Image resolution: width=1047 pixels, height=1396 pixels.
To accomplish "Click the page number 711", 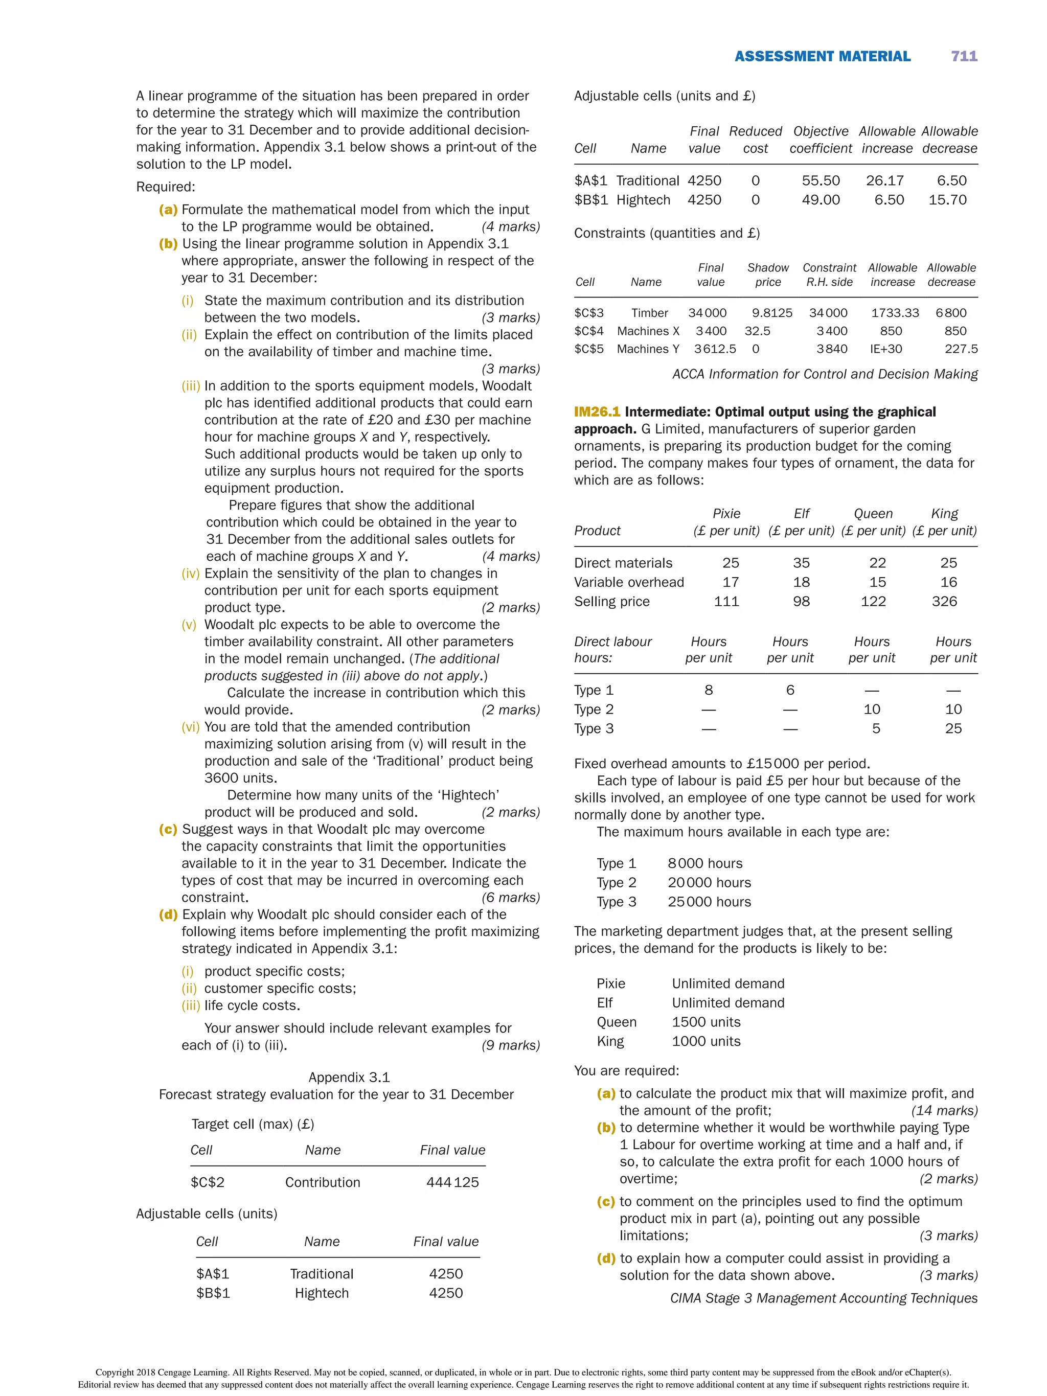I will tap(964, 56).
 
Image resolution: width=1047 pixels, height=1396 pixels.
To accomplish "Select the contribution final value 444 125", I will tap(452, 1182).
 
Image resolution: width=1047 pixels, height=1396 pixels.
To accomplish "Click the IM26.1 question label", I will tap(597, 412).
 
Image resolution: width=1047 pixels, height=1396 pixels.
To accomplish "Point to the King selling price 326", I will tap(944, 602).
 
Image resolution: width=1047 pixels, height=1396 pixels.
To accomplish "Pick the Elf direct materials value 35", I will tap(801, 563).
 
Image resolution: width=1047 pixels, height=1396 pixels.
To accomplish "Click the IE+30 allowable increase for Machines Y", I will tap(885, 349).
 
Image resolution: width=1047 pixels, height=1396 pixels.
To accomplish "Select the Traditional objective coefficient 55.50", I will tap(821, 180).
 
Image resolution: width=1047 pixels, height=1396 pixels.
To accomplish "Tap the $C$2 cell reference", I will tap(207, 1182).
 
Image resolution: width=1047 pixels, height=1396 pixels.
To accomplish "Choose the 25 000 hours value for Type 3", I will tap(709, 902).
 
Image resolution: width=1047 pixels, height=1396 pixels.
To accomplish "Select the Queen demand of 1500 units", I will tap(705, 1022).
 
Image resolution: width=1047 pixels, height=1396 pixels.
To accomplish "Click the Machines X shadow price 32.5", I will tap(757, 331).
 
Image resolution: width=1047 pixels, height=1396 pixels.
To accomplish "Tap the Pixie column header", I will tap(726, 514).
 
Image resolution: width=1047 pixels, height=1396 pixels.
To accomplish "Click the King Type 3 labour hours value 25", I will tap(953, 729).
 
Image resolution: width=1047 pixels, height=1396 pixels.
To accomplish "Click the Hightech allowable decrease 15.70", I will tap(947, 200).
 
